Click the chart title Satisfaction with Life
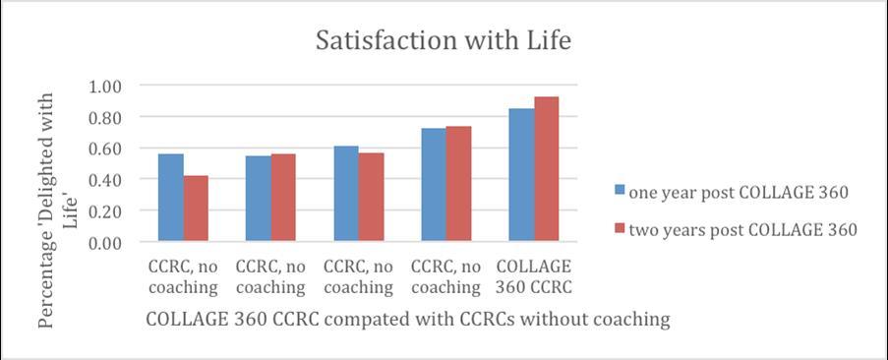tap(443, 41)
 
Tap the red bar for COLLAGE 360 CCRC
tap(547, 169)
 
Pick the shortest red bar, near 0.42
tap(196, 209)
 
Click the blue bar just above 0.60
tap(345, 194)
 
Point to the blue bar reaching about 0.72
tap(433, 185)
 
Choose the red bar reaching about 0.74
tap(458, 184)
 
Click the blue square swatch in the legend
tap(619, 191)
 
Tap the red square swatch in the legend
tap(619, 229)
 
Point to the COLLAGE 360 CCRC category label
tap(534, 277)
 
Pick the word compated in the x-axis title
tap(370, 320)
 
